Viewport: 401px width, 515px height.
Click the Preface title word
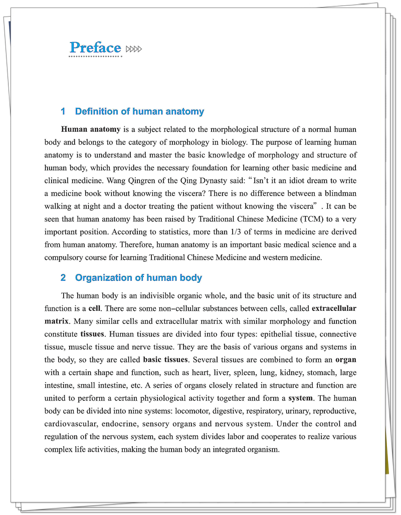click(x=95, y=48)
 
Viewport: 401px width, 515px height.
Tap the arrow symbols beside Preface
click(x=134, y=49)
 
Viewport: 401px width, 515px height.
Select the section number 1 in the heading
click(x=63, y=111)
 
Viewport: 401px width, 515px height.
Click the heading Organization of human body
click(x=138, y=278)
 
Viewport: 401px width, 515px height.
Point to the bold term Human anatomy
click(x=91, y=129)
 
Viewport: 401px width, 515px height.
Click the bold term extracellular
click(x=334, y=308)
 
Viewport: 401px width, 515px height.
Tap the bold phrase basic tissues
click(x=165, y=360)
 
